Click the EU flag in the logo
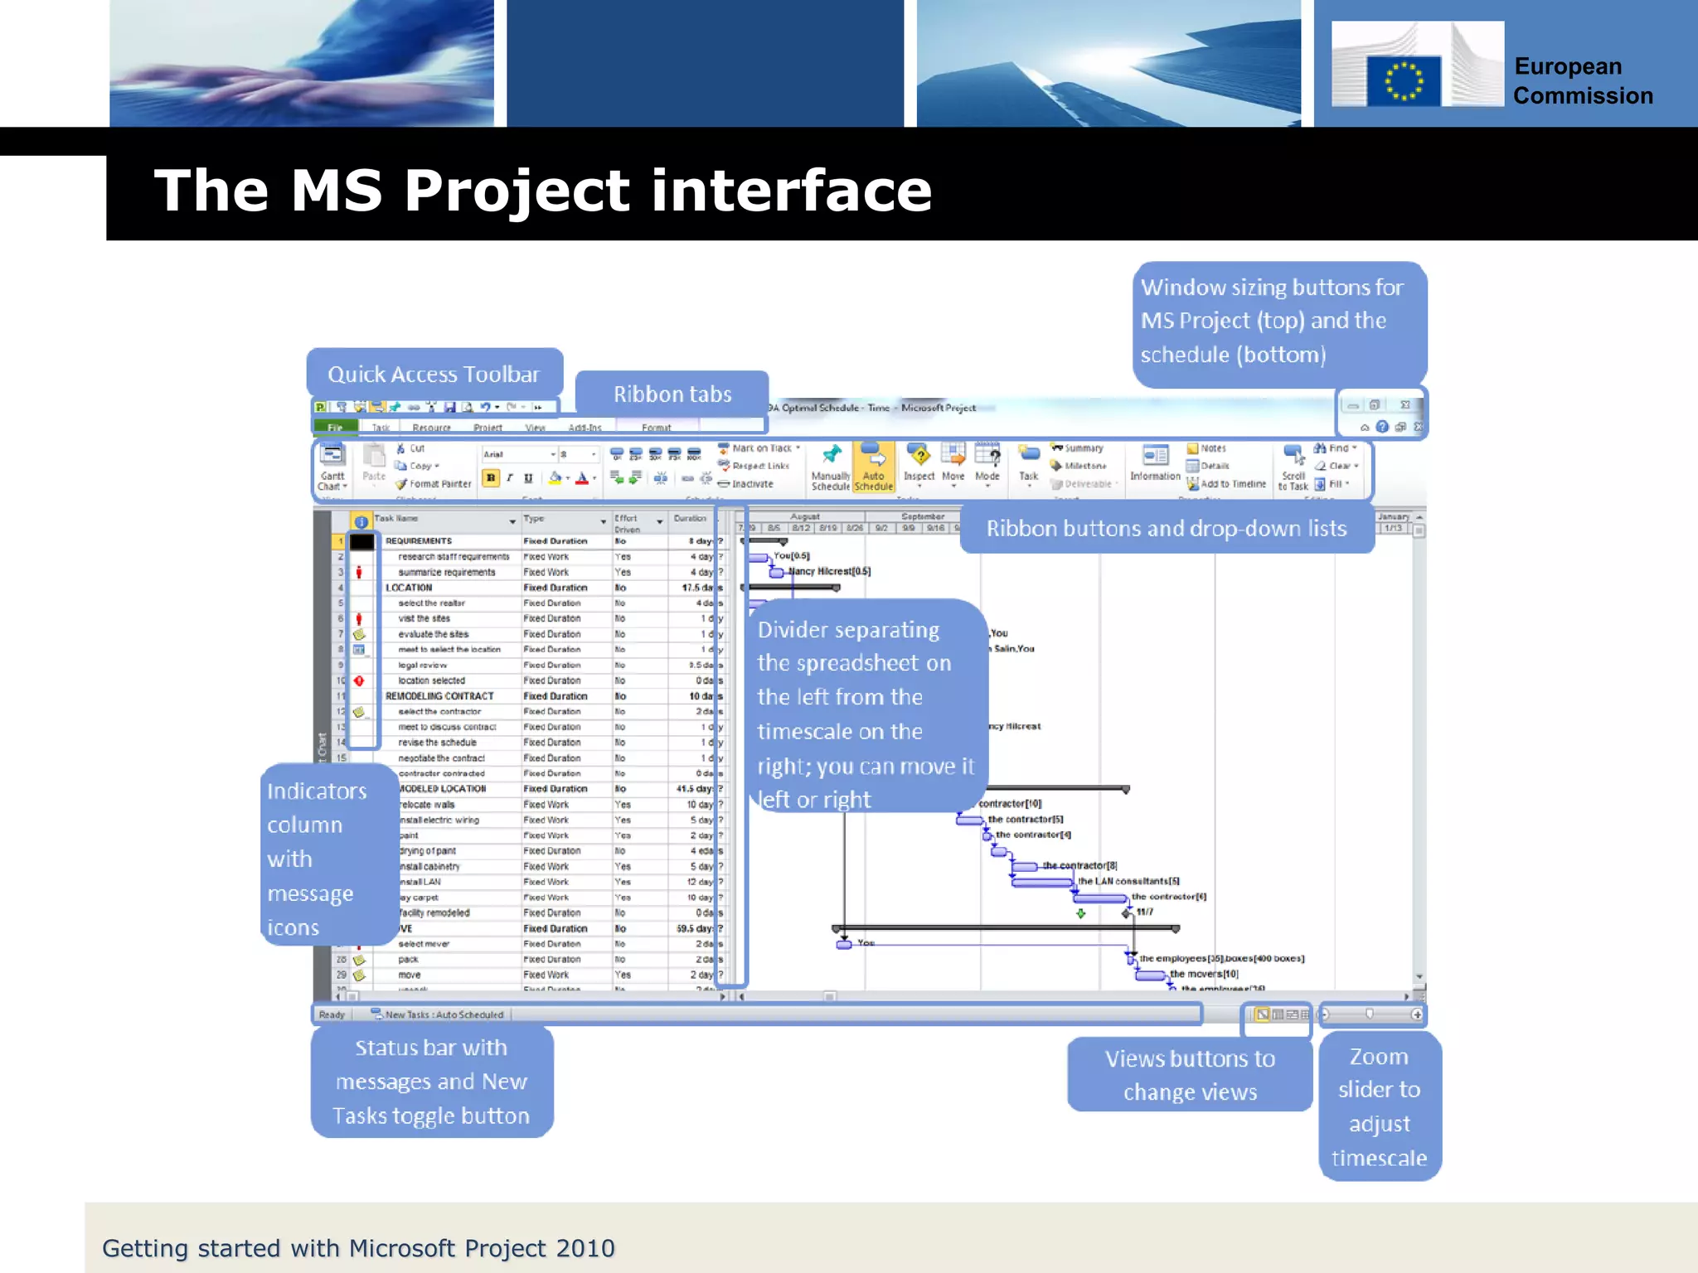point(1404,81)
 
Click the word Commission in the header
point(1582,96)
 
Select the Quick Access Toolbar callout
point(434,374)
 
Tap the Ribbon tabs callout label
point(672,394)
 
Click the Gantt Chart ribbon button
point(332,468)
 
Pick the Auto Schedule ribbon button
point(874,468)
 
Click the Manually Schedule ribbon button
point(830,468)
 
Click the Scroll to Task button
point(1293,468)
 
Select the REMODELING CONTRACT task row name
point(439,696)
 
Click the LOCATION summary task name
point(409,588)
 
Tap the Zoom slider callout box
point(1379,1106)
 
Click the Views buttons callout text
point(1190,1075)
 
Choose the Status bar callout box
point(431,1082)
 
